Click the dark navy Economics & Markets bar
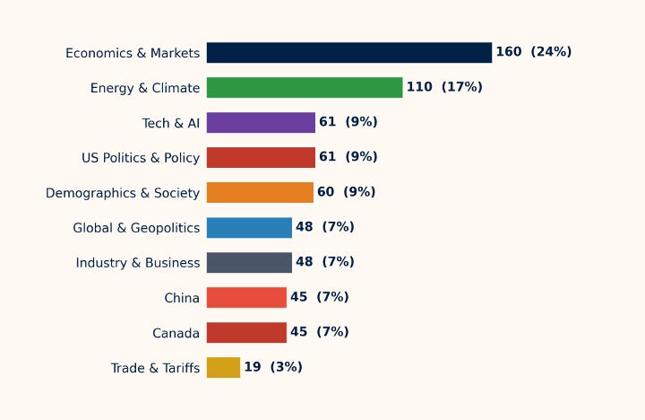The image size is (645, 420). point(349,53)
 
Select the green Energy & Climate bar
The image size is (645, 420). point(305,87)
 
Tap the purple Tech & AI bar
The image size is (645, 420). point(261,122)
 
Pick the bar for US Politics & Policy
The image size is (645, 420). point(261,157)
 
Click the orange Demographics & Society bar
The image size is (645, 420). point(260,192)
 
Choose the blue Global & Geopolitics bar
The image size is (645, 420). point(249,228)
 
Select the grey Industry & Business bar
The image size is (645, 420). point(249,263)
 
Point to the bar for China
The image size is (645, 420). point(246,298)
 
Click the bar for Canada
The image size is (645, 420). point(246,333)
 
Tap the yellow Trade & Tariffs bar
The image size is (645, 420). point(223,367)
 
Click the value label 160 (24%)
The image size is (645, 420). point(534,52)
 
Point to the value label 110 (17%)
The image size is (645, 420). point(444,87)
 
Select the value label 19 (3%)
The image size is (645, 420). point(273,367)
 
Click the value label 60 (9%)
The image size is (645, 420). point(346,192)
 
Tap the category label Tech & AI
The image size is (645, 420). point(171,123)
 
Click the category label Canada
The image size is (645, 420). point(176,333)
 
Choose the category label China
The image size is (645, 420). point(182,298)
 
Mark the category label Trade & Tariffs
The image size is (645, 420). point(155,368)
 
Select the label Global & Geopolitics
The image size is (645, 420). point(136,228)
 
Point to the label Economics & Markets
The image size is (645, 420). point(133,53)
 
